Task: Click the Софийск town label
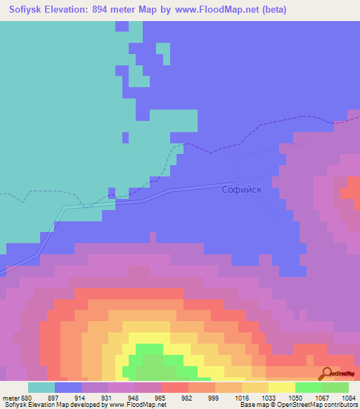(243, 189)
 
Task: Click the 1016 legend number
(241, 397)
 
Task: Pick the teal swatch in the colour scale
(41, 387)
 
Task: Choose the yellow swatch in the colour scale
(281, 387)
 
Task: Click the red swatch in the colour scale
(174, 387)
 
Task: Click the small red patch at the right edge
(350, 189)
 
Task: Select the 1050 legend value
(295, 397)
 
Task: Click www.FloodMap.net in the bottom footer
(135, 405)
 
